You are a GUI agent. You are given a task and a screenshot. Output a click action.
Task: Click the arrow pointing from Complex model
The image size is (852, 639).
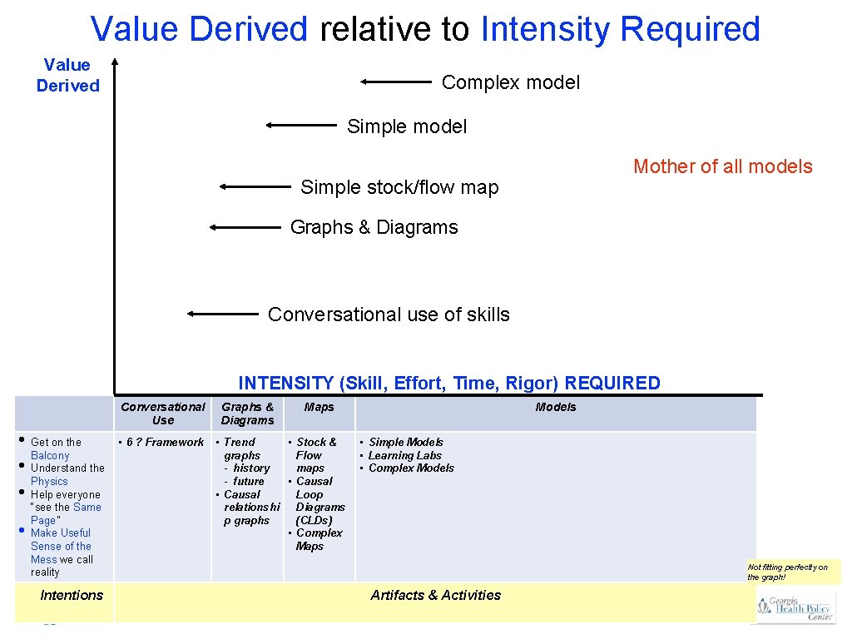396,82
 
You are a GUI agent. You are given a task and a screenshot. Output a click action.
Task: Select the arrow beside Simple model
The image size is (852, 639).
301,125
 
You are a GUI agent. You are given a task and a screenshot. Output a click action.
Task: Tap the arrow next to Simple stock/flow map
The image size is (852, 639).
255,187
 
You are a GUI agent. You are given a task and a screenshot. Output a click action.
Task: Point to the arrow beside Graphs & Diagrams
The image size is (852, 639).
245,226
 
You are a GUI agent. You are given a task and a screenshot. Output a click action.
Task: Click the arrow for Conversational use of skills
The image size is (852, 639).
223,314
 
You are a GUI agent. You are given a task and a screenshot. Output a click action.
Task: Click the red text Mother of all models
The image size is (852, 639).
722,166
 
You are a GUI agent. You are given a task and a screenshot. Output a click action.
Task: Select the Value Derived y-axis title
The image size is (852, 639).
67,75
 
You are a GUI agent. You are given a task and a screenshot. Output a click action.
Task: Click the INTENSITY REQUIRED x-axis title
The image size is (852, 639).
448,383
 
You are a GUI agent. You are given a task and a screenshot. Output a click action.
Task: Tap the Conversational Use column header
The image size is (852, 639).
163,414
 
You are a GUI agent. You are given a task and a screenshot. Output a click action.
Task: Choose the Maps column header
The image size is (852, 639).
319,407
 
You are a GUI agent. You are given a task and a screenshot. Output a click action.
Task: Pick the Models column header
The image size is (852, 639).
555,407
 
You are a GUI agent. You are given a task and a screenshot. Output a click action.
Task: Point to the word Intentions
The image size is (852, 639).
72,595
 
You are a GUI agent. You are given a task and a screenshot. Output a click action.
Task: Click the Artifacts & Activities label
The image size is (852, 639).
435,595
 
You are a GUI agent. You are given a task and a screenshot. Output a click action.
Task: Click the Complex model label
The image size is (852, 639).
511,82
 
